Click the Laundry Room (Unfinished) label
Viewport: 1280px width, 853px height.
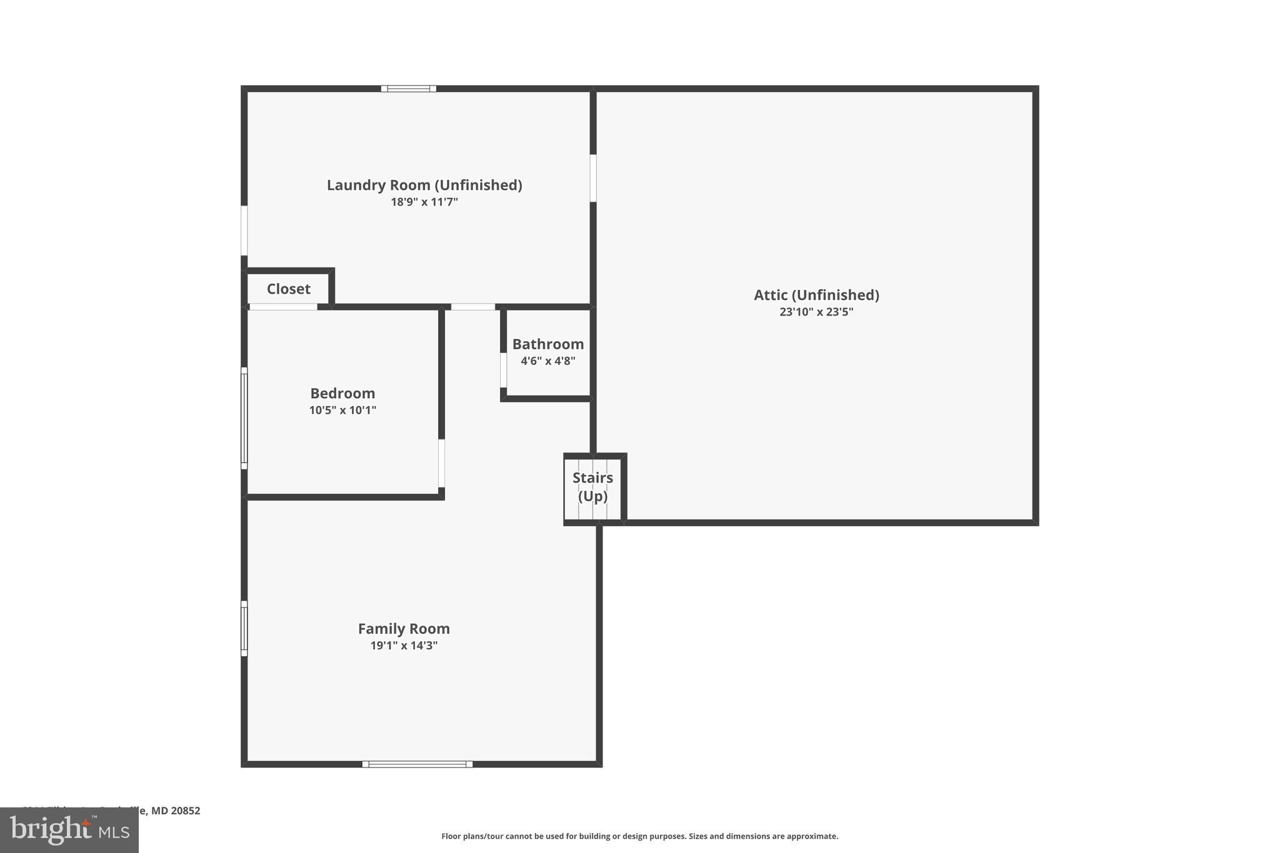click(424, 185)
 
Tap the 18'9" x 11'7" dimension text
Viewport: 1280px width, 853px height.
click(424, 202)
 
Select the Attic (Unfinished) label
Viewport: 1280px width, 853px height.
click(816, 295)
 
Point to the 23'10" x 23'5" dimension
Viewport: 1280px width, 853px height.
click(816, 312)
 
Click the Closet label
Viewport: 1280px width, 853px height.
click(288, 289)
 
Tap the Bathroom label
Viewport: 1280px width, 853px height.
click(548, 344)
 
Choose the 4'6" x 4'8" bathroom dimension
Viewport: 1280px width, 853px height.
click(548, 361)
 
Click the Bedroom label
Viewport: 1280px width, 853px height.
click(342, 393)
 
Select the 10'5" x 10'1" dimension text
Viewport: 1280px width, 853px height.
click(342, 410)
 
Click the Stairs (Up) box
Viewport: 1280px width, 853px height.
click(593, 487)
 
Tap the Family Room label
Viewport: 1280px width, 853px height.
click(404, 629)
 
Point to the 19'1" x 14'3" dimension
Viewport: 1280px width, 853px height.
click(404, 646)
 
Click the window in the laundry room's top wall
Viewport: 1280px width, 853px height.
click(409, 89)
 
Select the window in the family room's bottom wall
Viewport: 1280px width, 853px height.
click(417, 764)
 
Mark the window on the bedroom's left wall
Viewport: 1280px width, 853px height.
click(244, 418)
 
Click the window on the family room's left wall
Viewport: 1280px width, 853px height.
click(244, 629)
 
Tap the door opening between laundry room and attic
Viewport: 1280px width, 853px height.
click(593, 178)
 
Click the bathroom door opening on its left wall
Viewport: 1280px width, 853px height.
click(503, 370)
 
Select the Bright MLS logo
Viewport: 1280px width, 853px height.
click(69, 831)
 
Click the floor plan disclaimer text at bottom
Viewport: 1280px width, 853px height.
click(639, 836)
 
